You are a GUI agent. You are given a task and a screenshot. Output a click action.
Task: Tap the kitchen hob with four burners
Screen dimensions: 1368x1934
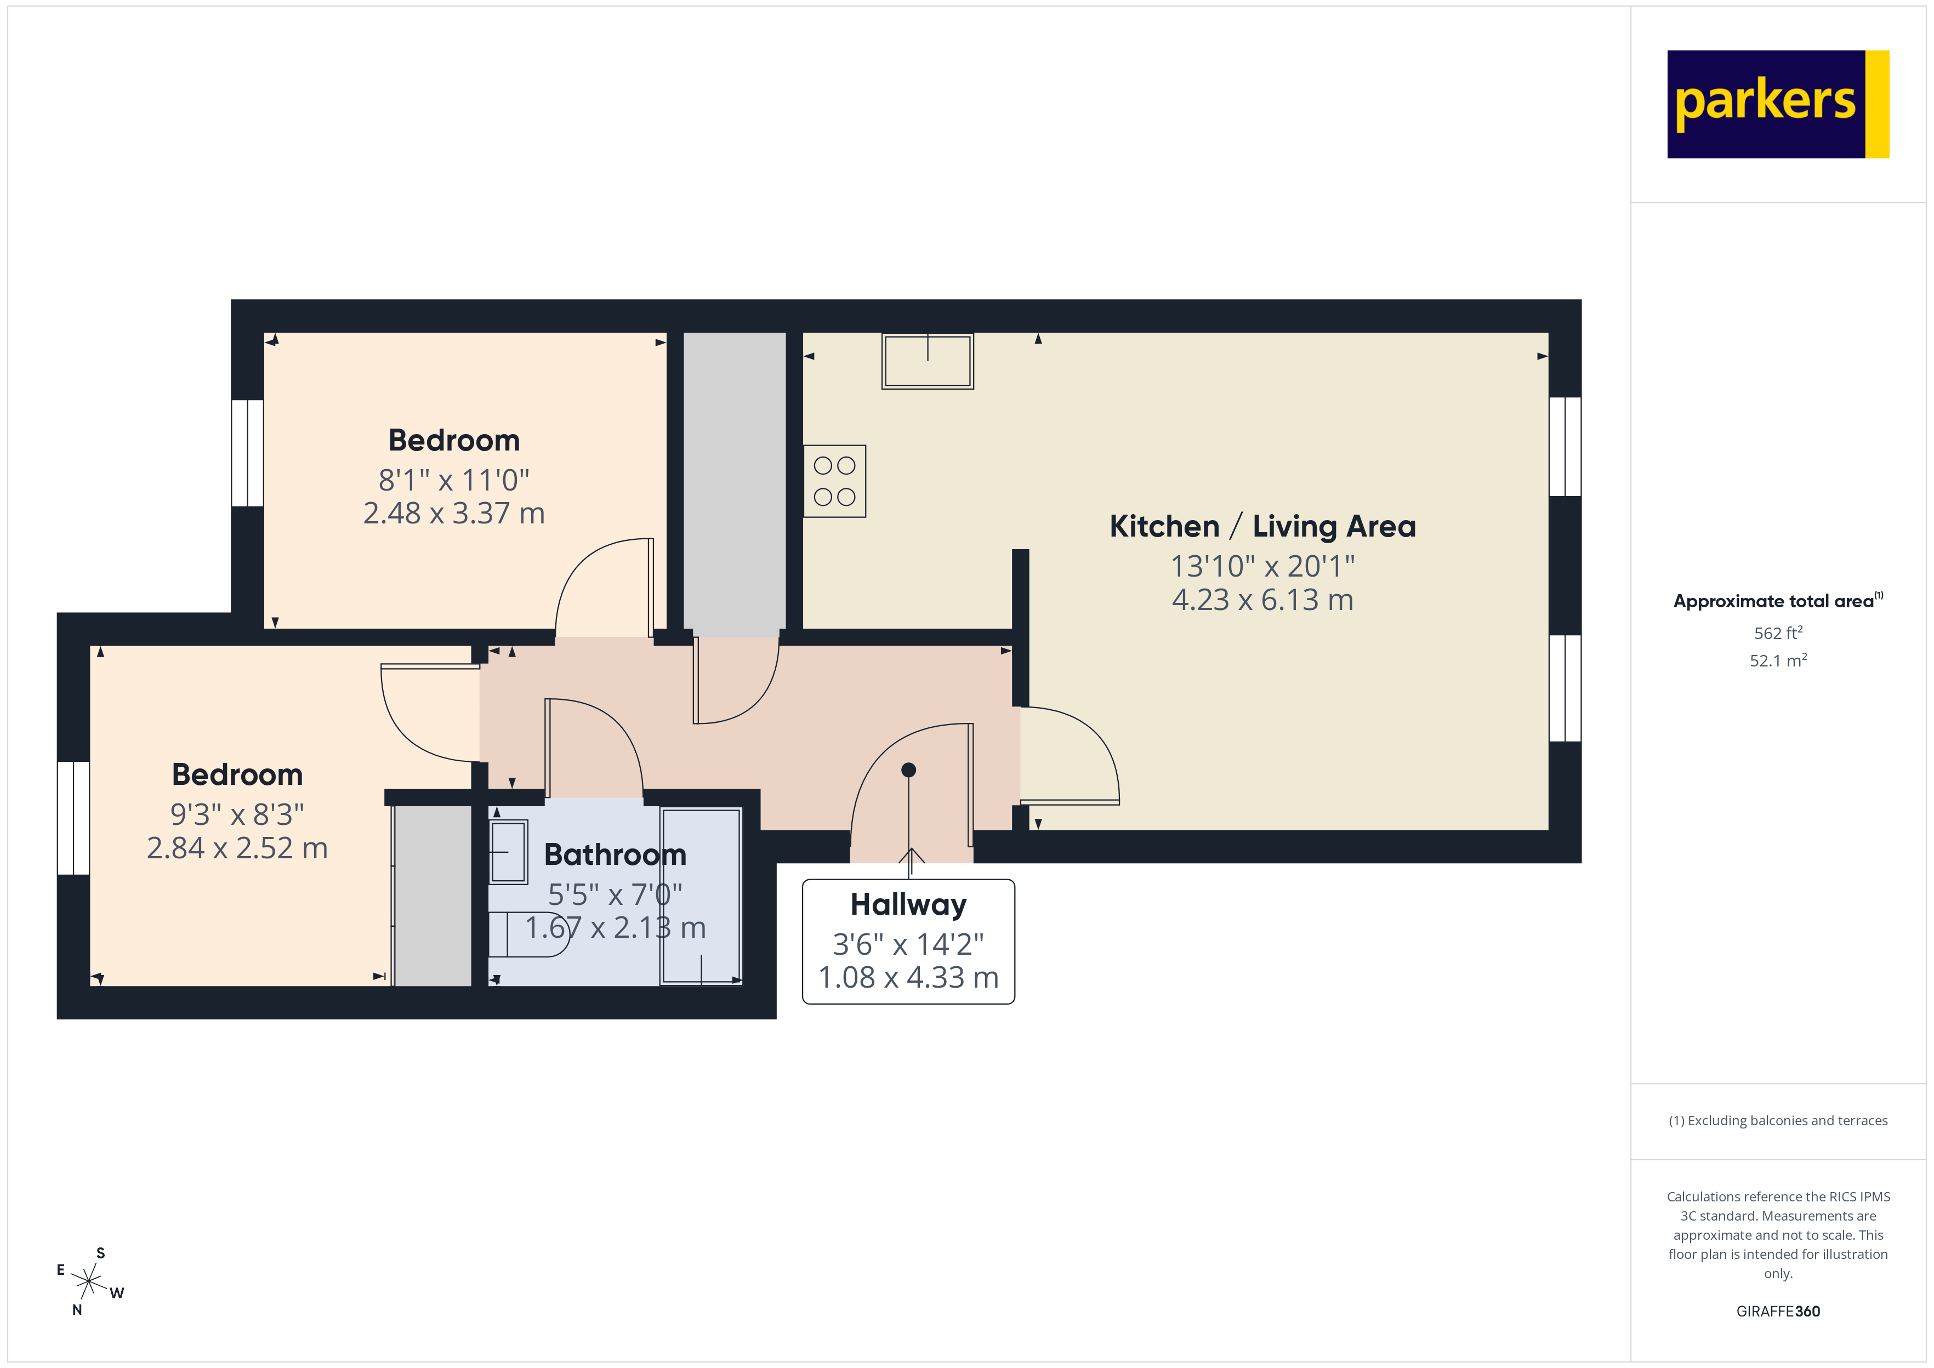pos(834,481)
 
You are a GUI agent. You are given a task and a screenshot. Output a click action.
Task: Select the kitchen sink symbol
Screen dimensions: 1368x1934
pos(928,361)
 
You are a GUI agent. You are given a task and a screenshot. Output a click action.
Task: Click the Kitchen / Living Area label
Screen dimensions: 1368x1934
pos(1262,527)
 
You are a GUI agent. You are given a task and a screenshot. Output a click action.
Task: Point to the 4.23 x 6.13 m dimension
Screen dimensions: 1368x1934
pos(1262,600)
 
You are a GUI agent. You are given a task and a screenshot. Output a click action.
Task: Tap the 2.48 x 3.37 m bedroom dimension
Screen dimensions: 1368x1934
pos(453,513)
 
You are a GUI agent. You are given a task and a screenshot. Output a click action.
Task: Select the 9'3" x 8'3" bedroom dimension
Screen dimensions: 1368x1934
pos(237,814)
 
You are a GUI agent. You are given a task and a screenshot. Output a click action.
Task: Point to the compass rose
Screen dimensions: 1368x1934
pos(88,1282)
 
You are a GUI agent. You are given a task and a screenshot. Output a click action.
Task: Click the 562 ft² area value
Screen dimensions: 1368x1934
pos(1777,632)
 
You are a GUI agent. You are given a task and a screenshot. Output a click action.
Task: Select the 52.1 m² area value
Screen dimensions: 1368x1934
pos(1777,660)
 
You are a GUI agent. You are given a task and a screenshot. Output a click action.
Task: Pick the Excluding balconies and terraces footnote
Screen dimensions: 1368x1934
pos(1777,1120)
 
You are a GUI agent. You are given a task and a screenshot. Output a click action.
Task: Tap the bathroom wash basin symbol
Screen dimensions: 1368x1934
pos(508,852)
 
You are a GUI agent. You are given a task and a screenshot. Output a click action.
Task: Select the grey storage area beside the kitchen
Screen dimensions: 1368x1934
pos(733,485)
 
